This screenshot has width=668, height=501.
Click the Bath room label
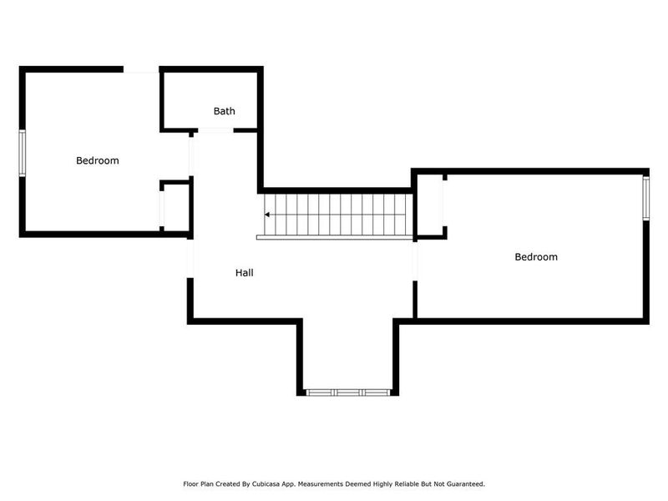tap(224, 111)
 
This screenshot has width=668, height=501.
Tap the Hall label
tap(244, 273)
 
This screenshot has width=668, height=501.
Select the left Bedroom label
tap(98, 160)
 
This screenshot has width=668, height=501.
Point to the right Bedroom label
tap(535, 257)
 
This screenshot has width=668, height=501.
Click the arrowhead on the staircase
tap(267, 214)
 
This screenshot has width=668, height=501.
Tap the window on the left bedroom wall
tap(23, 152)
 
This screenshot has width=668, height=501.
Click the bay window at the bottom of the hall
tap(347, 391)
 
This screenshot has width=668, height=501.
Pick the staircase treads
tap(338, 214)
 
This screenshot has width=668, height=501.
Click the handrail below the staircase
tap(334, 237)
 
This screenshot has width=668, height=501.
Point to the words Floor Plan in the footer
tap(197, 483)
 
